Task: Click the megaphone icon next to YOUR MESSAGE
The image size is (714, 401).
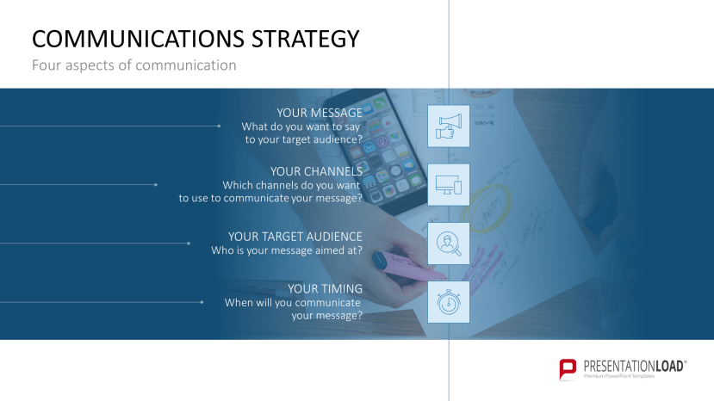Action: coord(449,126)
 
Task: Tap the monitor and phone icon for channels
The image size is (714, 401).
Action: coord(449,185)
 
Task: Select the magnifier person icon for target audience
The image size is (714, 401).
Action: coord(449,244)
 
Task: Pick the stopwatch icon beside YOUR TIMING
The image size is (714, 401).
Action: coord(449,302)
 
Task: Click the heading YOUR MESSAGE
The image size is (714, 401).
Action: coord(320,113)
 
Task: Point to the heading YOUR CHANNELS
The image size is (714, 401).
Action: coord(316,171)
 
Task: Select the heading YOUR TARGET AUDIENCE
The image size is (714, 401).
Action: coord(295,236)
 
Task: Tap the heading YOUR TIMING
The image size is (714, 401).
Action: coord(325,289)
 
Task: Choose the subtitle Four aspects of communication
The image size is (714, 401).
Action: coord(133,65)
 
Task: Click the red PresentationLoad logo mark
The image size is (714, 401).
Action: coord(568,368)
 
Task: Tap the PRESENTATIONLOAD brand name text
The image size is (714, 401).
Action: coord(635,365)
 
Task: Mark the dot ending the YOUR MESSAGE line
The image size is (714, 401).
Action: coord(220,126)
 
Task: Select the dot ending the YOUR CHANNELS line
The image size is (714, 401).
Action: coord(156,184)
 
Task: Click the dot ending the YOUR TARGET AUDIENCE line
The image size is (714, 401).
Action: coord(189,244)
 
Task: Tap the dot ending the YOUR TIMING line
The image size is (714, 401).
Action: coord(202,302)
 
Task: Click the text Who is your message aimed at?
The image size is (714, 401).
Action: coord(287,250)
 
